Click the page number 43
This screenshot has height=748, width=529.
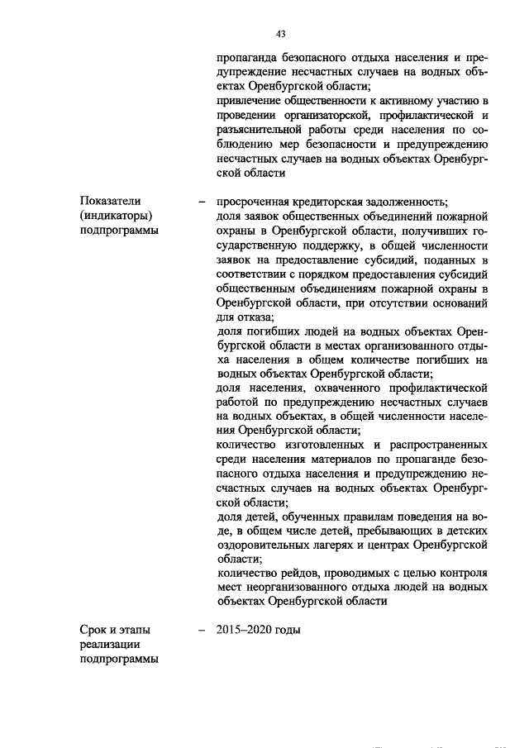point(281,34)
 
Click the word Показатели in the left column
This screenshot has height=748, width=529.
point(109,201)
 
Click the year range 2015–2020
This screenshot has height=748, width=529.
point(245,631)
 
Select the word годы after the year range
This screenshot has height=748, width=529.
point(290,631)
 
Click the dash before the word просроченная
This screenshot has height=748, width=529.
point(202,201)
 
